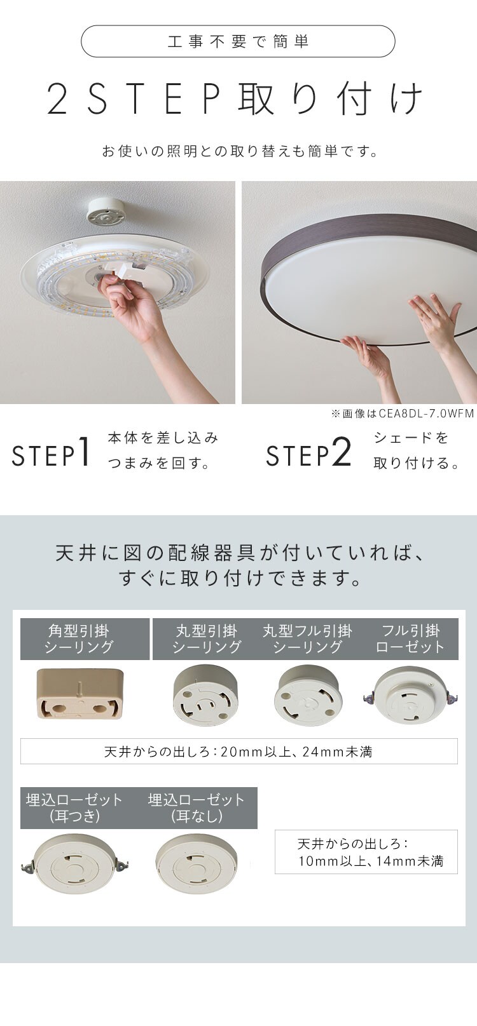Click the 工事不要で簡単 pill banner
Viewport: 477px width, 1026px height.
pos(238,41)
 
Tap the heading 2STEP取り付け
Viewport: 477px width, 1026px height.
pos(235,99)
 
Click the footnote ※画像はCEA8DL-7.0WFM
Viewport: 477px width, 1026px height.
pos(402,414)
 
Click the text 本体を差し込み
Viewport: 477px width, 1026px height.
pos(163,438)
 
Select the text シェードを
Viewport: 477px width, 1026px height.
pos(411,438)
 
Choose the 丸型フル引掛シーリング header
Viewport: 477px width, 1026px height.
pos(307,639)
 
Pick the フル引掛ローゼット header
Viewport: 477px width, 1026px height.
pos(410,639)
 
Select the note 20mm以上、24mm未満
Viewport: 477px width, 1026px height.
pos(238,752)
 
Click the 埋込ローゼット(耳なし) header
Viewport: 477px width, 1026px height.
pos(197,807)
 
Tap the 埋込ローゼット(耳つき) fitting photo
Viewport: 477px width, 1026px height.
pos(75,865)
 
